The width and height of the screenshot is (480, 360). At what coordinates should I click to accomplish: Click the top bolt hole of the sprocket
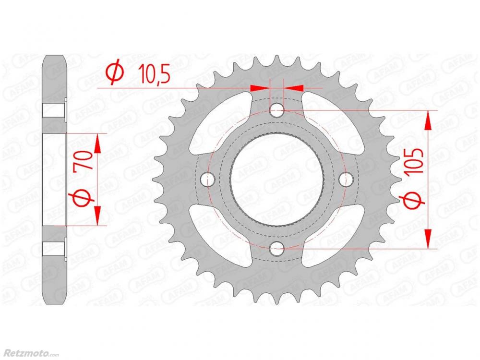277,110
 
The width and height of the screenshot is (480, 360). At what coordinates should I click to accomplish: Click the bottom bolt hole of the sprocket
277,248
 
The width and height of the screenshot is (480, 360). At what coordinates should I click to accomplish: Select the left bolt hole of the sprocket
207,179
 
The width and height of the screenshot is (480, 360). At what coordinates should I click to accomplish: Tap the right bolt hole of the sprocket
346,179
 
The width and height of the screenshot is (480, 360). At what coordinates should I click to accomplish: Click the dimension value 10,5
154,74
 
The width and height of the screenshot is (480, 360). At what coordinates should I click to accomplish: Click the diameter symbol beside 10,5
115,74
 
